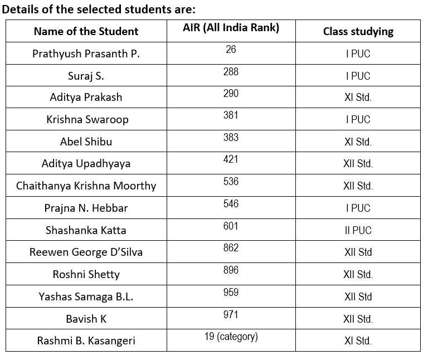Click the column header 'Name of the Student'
click(86, 31)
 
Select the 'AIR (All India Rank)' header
click(231, 28)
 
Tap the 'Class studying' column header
click(358, 31)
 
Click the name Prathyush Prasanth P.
click(86, 54)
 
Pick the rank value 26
click(231, 50)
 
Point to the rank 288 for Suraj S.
click(231, 71)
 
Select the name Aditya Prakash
click(86, 97)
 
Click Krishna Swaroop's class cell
click(358, 119)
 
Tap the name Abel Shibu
click(86, 142)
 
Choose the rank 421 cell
click(231, 159)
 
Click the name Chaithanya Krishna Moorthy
click(86, 186)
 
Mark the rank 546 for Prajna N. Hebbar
click(231, 203)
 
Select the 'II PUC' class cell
click(358, 230)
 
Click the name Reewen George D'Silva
click(86, 252)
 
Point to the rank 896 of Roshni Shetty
click(231, 270)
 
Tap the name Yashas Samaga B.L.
click(86, 296)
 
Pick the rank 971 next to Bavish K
click(231, 314)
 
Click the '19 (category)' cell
click(231, 337)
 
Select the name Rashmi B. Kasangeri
click(86, 340)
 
